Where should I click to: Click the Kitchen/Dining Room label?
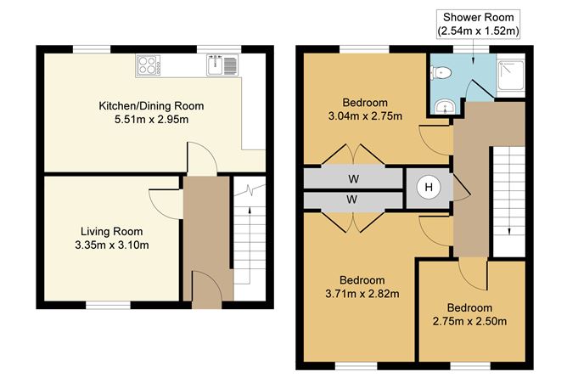click(151, 106)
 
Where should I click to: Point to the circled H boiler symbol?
click(429, 188)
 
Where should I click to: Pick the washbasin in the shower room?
click(442, 106)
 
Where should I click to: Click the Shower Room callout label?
click(478, 25)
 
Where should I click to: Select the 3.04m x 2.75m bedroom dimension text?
click(366, 115)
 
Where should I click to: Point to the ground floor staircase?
click(249, 242)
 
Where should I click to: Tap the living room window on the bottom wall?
click(108, 304)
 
